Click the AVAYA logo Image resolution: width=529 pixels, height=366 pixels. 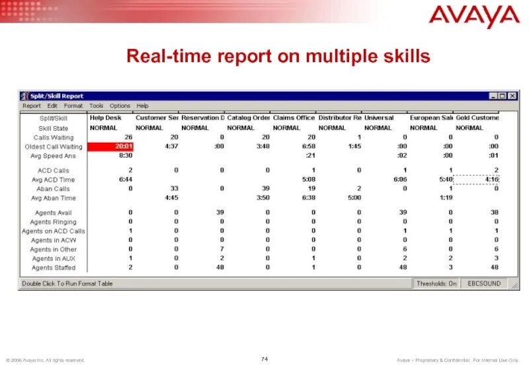(474, 16)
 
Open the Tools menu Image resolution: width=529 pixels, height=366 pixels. (97, 106)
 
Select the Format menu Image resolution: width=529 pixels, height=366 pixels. (73, 106)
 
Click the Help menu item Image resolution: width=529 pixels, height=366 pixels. (143, 106)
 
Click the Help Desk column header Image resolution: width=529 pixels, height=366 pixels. (106, 118)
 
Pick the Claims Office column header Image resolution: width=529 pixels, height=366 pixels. (294, 118)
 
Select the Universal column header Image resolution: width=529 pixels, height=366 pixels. (379, 118)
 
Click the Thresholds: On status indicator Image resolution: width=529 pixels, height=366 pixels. (436, 283)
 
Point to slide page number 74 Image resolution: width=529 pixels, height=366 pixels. (264, 358)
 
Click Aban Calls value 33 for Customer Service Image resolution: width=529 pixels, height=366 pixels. (174, 189)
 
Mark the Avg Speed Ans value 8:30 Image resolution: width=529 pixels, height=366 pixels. (125, 156)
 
